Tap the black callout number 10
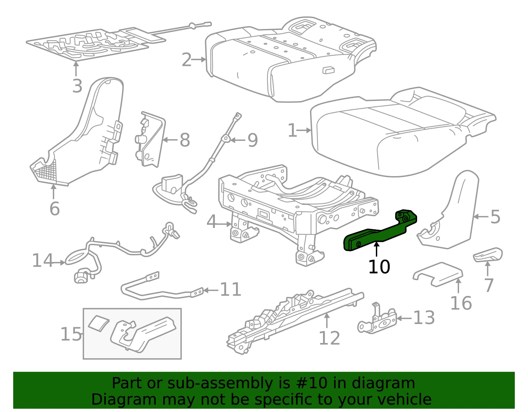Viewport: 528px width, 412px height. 379,267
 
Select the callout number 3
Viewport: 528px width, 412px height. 77,86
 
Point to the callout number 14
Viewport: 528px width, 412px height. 43,260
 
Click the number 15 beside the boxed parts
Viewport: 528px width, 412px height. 71,334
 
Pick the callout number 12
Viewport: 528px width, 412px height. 329,338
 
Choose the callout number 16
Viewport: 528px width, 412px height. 461,303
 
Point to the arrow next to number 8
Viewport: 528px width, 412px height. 170,140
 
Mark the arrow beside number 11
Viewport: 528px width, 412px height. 211,290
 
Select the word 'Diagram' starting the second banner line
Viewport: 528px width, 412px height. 124,399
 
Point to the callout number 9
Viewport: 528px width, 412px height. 252,140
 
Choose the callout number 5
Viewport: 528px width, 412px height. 495,217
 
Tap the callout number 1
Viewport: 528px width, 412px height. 292,130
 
